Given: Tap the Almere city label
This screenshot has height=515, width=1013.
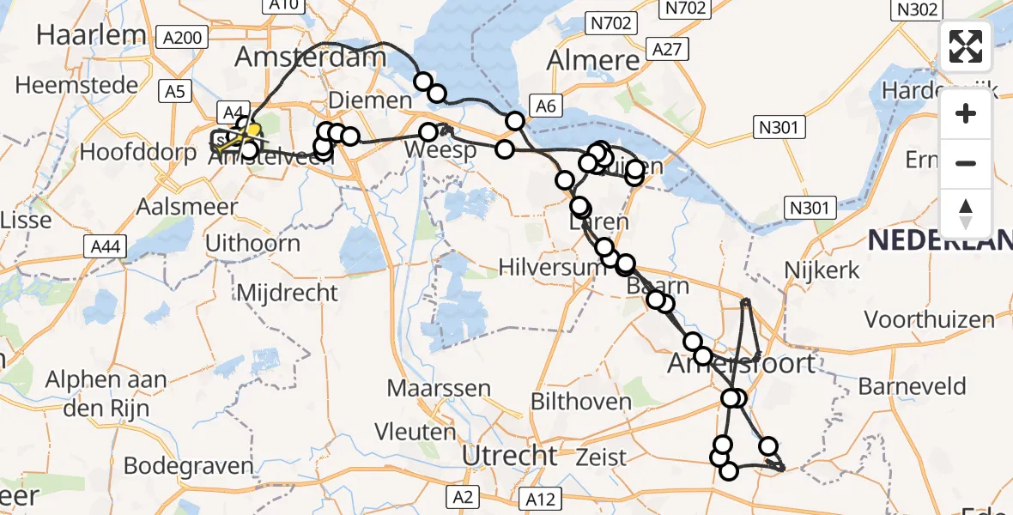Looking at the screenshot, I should click(x=594, y=60).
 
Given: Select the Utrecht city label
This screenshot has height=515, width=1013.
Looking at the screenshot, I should click(x=510, y=456).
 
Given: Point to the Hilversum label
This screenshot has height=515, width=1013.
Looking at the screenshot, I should click(x=541, y=268).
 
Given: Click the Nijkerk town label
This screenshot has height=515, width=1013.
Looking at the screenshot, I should click(x=822, y=270).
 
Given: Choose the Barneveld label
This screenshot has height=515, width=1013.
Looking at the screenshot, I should click(x=912, y=385).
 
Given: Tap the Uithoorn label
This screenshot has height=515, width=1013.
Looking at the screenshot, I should click(x=252, y=243).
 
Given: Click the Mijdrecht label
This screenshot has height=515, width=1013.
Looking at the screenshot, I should click(x=287, y=292).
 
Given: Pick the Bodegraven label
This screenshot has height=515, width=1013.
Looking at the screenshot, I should click(x=188, y=466).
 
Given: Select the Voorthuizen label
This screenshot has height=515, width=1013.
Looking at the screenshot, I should click(x=929, y=320).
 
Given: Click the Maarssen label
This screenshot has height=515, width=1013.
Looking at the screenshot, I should click(x=439, y=387).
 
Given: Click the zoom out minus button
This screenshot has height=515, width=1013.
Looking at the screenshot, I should click(x=966, y=163).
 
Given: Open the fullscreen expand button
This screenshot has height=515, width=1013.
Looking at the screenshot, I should click(x=966, y=46).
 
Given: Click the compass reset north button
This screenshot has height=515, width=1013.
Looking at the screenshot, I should click(x=966, y=212).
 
